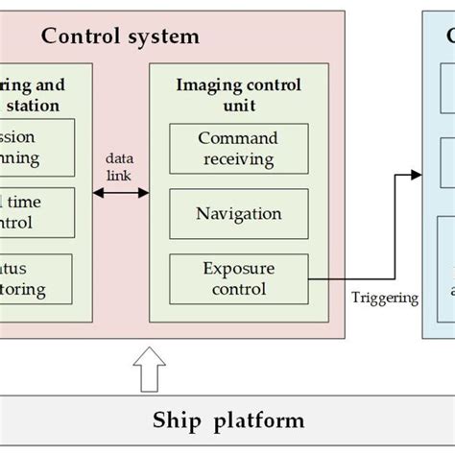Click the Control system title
point(120,36)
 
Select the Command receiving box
point(238,149)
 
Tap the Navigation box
point(238,213)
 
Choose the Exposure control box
point(238,277)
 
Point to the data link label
point(121,159)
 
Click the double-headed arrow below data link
point(121,193)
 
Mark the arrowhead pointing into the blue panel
point(417,174)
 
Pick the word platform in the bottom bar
point(257,419)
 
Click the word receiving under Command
point(238,158)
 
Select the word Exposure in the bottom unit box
point(238,268)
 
